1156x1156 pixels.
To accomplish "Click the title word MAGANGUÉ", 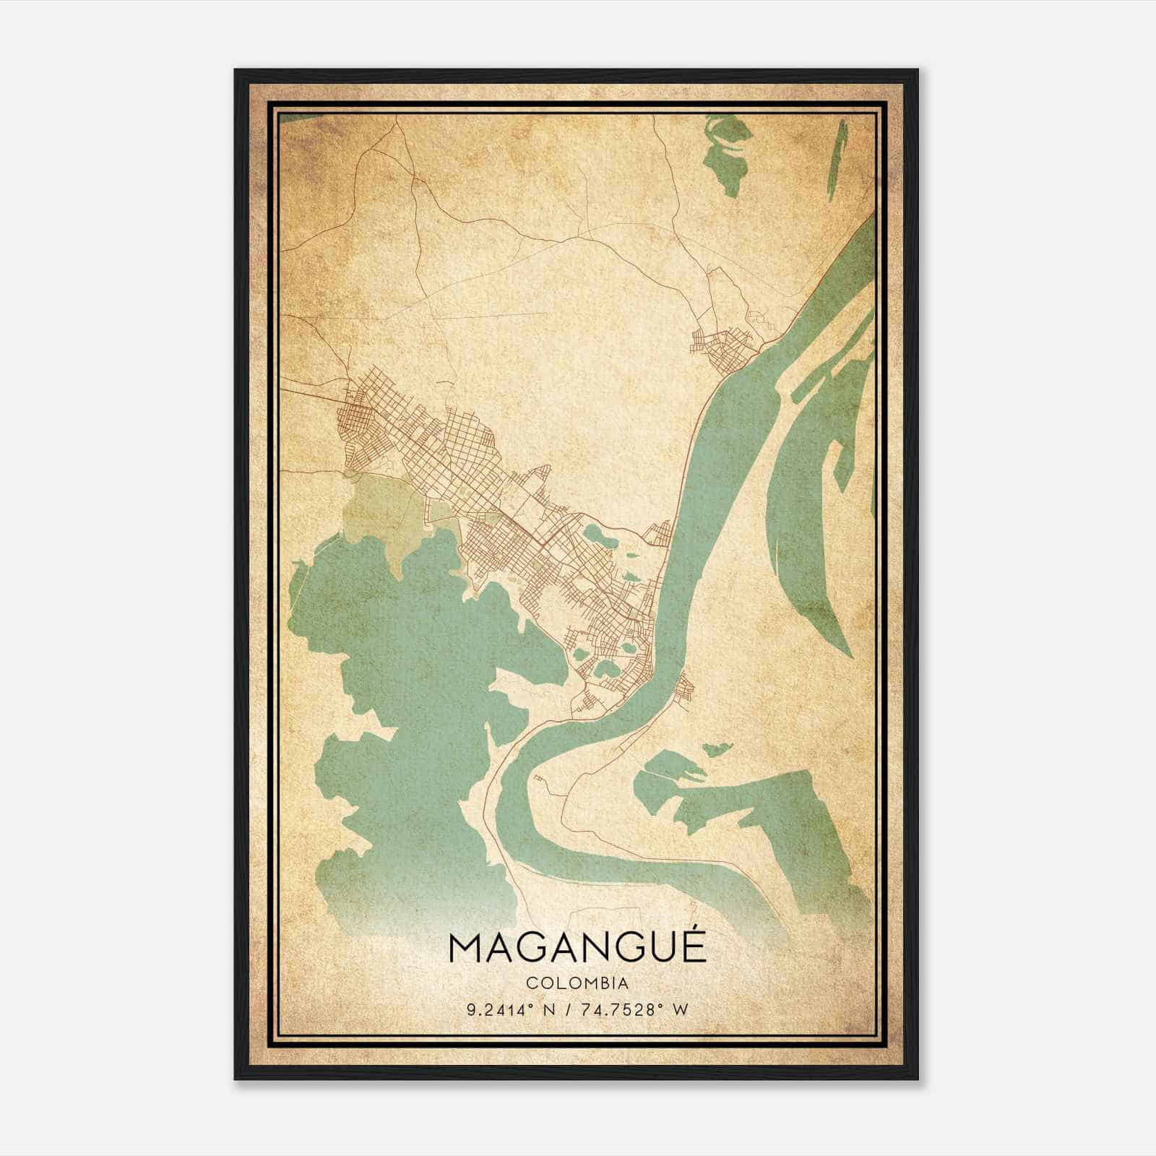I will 577,948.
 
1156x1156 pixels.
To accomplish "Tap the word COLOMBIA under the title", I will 577,983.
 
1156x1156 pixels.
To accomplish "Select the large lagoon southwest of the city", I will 405,686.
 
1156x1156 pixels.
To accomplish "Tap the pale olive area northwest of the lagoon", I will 379,506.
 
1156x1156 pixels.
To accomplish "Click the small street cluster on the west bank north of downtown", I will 659,535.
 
